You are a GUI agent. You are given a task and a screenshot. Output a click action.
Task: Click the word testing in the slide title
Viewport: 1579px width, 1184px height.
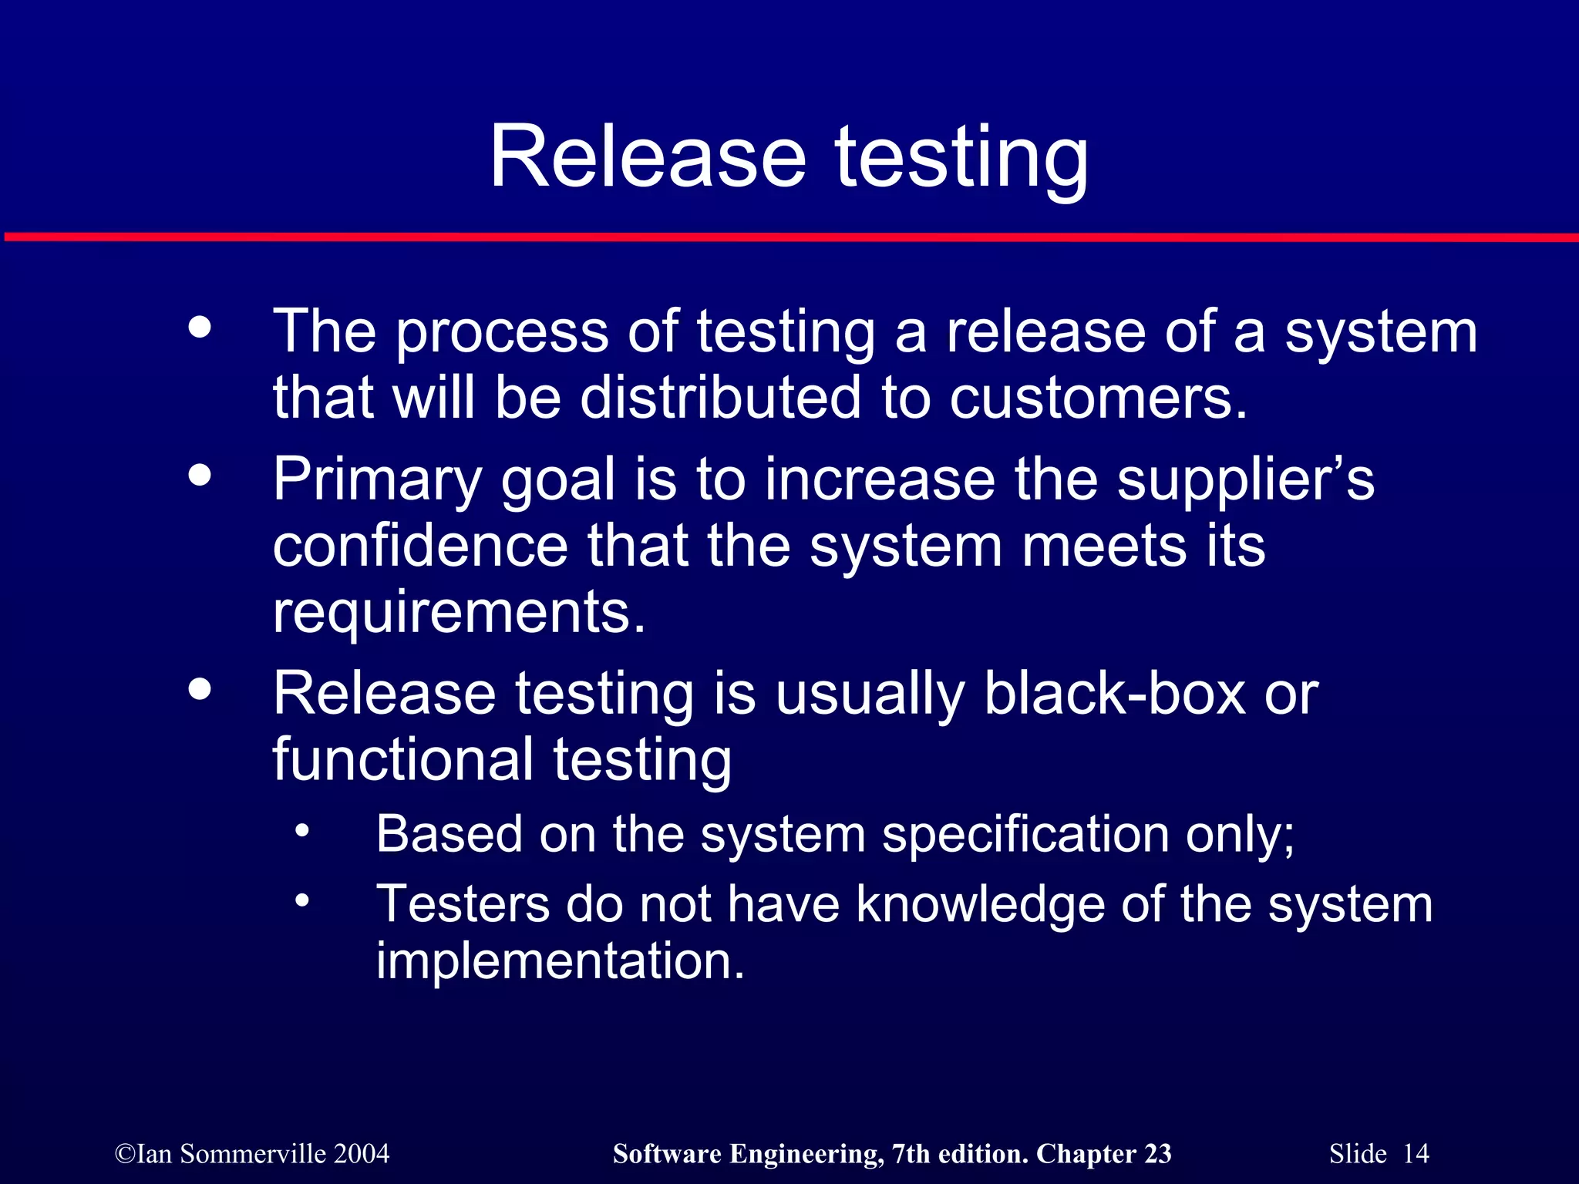[961, 158]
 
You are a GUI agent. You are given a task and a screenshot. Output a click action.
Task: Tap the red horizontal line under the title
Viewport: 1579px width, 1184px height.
[789, 237]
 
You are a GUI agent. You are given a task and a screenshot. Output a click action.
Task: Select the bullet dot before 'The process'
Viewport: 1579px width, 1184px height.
[200, 327]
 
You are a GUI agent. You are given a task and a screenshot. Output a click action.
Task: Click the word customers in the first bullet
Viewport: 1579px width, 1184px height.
[1098, 398]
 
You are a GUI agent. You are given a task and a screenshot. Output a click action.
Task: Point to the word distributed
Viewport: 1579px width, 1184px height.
[719, 398]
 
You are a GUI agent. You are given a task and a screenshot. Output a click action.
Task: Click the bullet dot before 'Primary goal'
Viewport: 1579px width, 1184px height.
[200, 475]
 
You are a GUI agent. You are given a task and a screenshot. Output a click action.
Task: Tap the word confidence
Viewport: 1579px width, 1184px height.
[420, 546]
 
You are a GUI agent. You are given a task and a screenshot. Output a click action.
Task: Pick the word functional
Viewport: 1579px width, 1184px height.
[402, 759]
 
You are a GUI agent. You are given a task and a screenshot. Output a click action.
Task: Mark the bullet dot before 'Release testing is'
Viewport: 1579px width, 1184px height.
[200, 689]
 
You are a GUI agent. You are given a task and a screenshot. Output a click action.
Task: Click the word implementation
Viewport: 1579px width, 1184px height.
[561, 961]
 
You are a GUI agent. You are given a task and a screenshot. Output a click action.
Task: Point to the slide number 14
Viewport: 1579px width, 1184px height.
[1416, 1154]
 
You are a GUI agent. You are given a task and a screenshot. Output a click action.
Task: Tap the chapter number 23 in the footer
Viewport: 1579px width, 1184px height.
[1157, 1154]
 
